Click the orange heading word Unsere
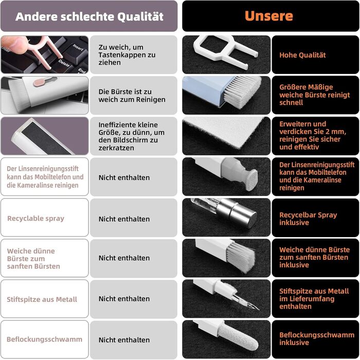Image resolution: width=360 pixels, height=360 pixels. pos(269,16)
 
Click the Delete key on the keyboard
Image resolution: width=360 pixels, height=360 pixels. pos(64,63)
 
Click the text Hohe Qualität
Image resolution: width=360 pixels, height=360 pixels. pos(302,55)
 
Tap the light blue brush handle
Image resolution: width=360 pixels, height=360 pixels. pos(203,91)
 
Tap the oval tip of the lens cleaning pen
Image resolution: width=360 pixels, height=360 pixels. pos(251,180)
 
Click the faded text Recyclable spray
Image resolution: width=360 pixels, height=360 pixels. pos(35,219)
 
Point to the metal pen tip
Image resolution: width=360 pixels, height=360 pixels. pos(247,301)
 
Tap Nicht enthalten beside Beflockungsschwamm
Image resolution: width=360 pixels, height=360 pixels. pos(124,340)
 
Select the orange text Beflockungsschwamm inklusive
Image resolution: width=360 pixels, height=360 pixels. pos(317,338)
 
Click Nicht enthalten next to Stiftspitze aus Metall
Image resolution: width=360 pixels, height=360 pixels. pos(124,299)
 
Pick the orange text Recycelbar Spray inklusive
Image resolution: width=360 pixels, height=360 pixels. pos(308,219)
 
